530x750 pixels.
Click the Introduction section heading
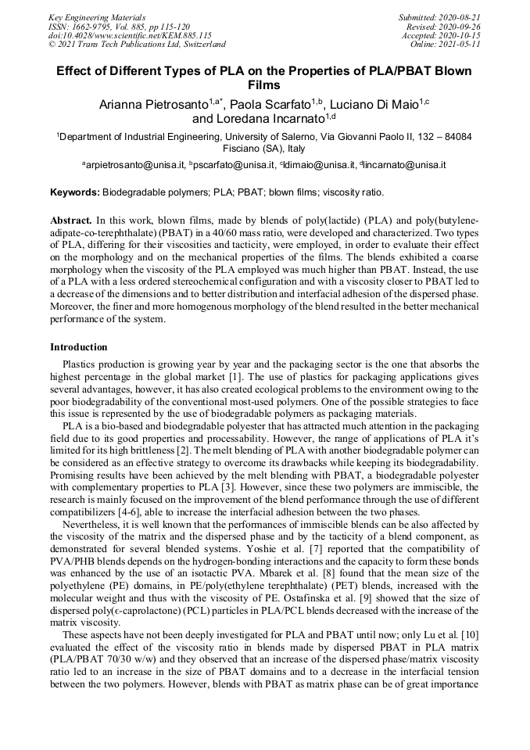tap(79, 346)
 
